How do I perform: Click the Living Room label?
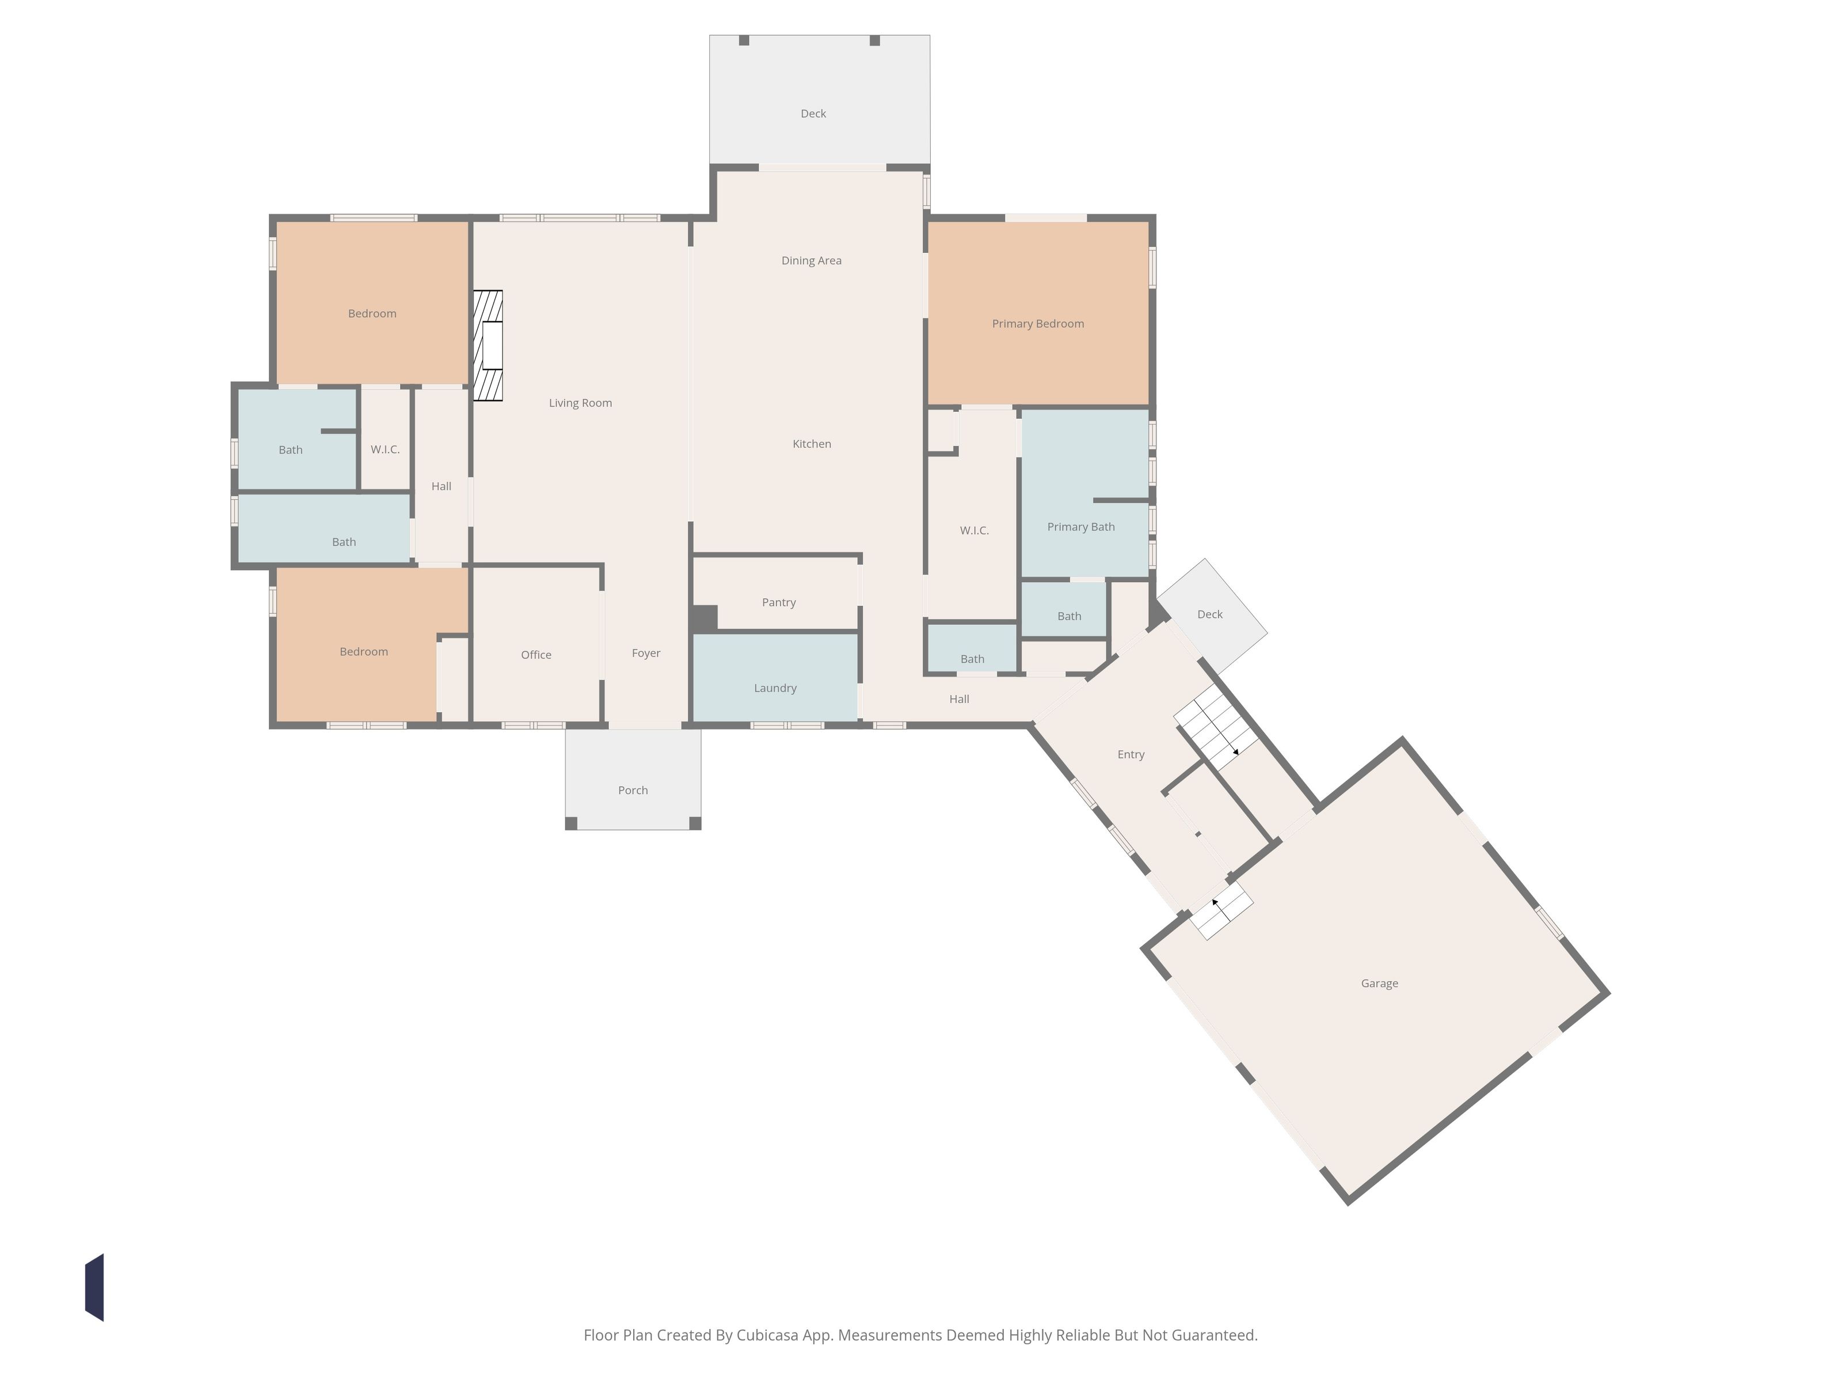pyautogui.click(x=580, y=403)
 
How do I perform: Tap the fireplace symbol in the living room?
pyautogui.click(x=488, y=345)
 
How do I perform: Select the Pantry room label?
pyautogui.click(x=779, y=602)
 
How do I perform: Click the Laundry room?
pyautogui.click(x=775, y=677)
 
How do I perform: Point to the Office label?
pyautogui.click(x=536, y=655)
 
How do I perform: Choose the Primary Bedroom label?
pyautogui.click(x=1038, y=324)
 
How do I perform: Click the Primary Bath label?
pyautogui.click(x=1081, y=526)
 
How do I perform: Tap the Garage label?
pyautogui.click(x=1379, y=983)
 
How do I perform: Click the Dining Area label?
pyautogui.click(x=811, y=261)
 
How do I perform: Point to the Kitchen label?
pyautogui.click(x=812, y=444)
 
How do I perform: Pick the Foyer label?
pyautogui.click(x=646, y=653)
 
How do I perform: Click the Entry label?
pyautogui.click(x=1131, y=755)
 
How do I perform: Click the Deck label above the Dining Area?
pyautogui.click(x=813, y=114)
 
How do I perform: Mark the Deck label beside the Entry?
pyautogui.click(x=1210, y=615)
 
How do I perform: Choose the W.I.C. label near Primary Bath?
pyautogui.click(x=975, y=531)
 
